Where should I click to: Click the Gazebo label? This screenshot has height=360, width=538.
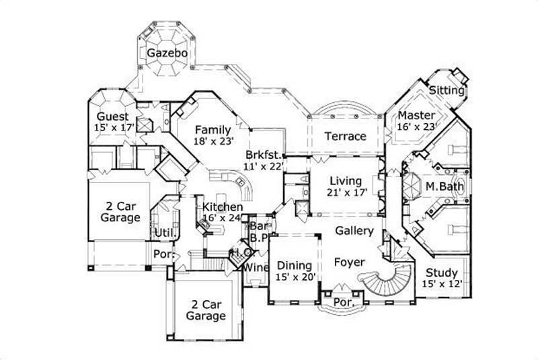[163, 52]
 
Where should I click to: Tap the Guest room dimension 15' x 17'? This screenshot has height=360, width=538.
[116, 126]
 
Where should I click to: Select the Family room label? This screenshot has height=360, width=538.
[213, 130]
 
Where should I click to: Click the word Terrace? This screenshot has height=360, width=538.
[345, 136]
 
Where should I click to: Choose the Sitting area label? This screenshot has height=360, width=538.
[447, 90]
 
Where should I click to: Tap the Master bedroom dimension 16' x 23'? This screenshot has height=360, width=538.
[417, 126]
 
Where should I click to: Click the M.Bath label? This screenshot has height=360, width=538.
[440, 185]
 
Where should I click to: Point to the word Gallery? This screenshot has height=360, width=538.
[354, 231]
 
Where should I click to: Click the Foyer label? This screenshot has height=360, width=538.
[349, 262]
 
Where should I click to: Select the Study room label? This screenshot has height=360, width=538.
[440, 273]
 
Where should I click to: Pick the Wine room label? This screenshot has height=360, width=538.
[256, 268]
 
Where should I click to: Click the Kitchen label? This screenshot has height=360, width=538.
[223, 207]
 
